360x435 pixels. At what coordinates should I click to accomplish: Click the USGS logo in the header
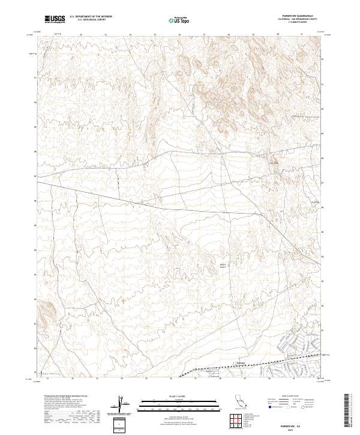point(55,19)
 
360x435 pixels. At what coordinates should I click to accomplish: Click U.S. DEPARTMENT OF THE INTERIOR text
point(91,17)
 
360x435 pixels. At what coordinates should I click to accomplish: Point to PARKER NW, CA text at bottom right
point(293,424)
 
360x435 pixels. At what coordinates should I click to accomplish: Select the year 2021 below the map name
point(293,430)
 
